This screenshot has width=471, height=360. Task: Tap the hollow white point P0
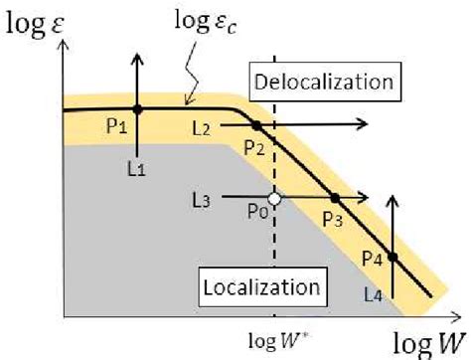(274, 199)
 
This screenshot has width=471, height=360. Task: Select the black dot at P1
(138, 108)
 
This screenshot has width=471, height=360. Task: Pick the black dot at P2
(256, 125)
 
